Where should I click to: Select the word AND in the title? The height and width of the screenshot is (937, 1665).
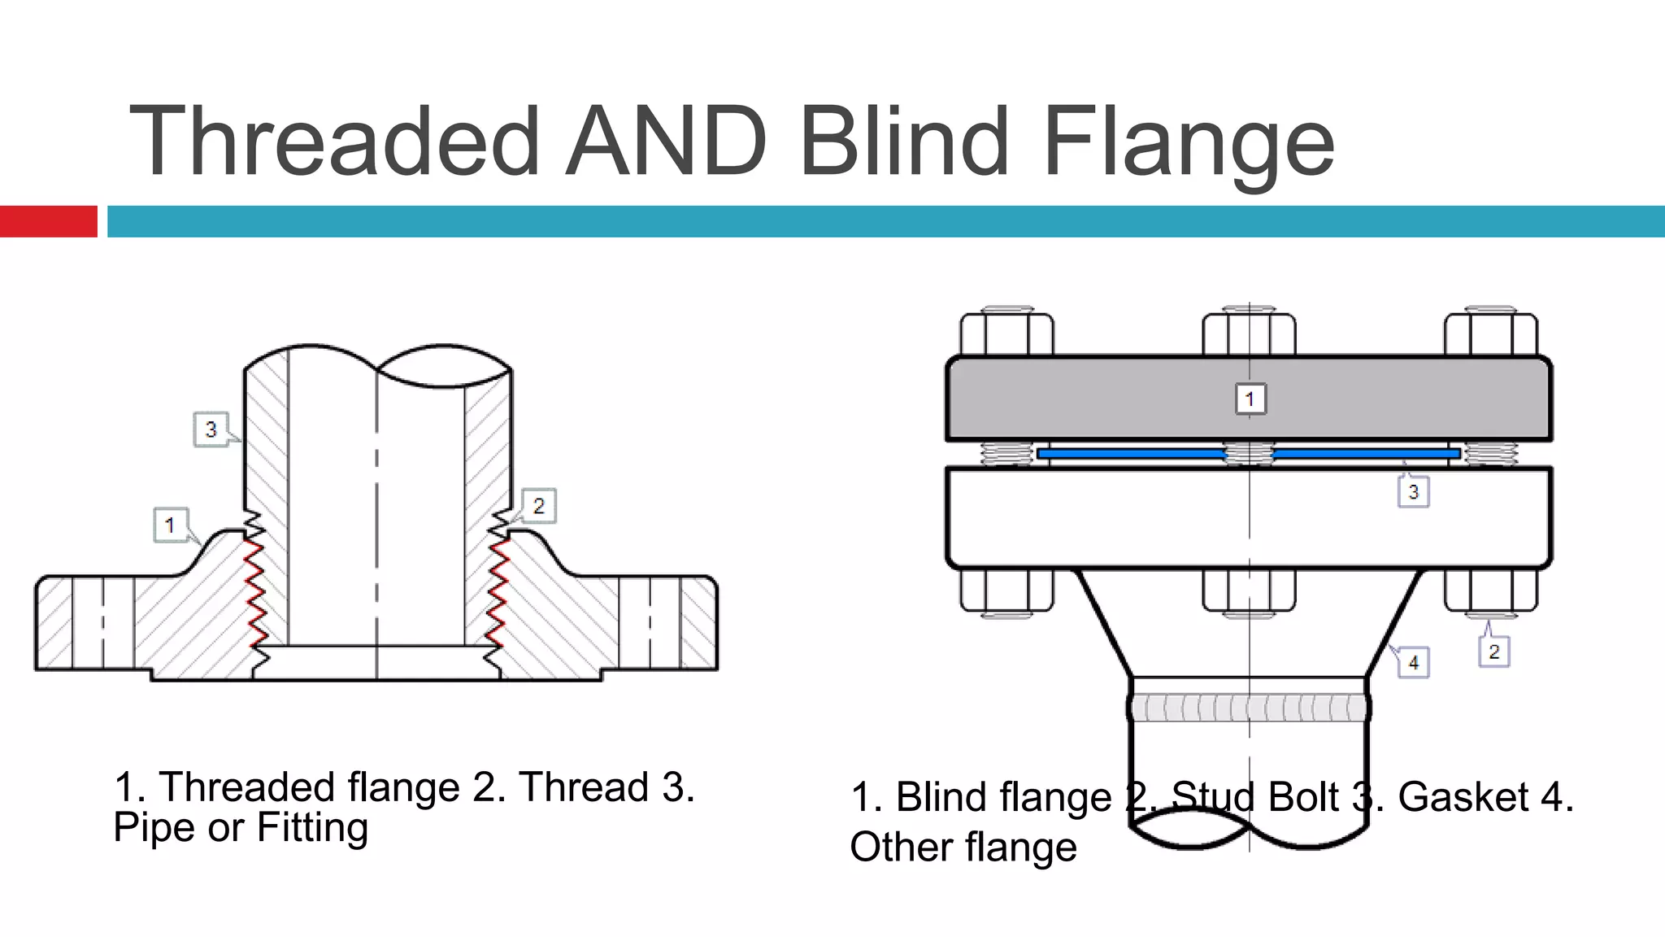[667, 141]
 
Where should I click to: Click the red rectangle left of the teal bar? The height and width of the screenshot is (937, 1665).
[48, 221]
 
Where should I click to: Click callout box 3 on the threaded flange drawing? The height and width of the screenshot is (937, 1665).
[211, 429]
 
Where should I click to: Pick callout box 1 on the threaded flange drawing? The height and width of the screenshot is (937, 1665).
[170, 525]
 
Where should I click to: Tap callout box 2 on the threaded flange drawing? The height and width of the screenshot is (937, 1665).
[538, 506]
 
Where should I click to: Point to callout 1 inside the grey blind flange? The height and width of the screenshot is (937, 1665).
[1250, 399]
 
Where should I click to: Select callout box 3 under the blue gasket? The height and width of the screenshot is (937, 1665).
[1413, 491]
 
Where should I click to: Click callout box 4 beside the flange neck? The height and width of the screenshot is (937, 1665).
[1414, 662]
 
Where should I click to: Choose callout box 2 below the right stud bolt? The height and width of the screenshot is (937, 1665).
[1493, 652]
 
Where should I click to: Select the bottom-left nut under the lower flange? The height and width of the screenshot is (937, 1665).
[1006, 590]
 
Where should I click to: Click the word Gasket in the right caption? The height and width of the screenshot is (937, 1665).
[1463, 797]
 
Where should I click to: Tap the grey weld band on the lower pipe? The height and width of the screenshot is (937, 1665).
[1248, 708]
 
